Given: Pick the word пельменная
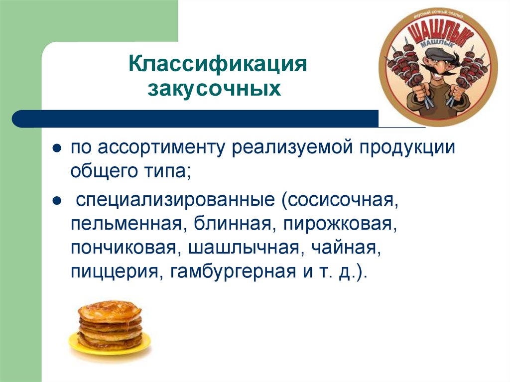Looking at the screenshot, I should [x=125, y=225].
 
